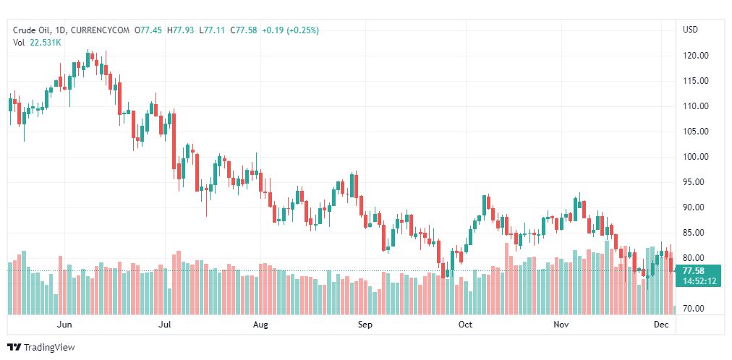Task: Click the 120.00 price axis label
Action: click(x=696, y=56)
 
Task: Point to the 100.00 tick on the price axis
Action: click(x=696, y=157)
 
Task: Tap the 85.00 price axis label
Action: click(x=695, y=233)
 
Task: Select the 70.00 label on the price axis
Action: click(x=695, y=309)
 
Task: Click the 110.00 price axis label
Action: click(x=696, y=106)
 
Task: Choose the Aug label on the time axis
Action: click(x=260, y=325)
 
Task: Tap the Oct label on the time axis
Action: click(x=465, y=325)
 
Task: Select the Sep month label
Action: click(x=365, y=325)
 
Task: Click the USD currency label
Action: click(x=690, y=30)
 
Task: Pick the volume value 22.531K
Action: click(x=46, y=43)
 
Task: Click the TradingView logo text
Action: click(x=48, y=348)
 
